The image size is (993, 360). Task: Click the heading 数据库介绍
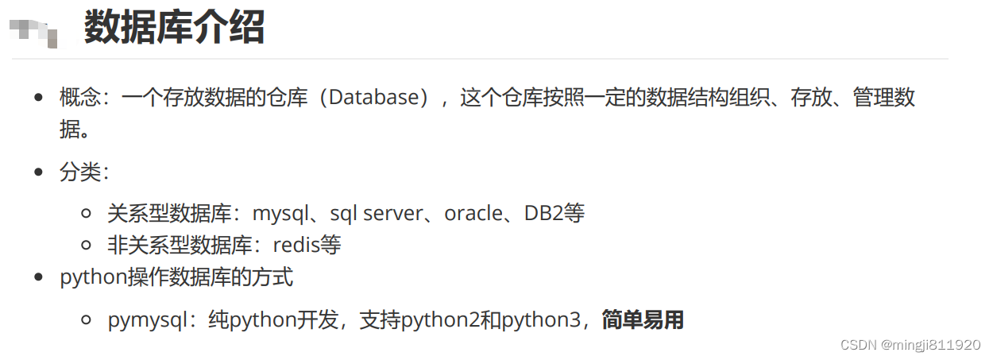tap(174, 28)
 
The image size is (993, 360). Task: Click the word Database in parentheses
tap(373, 98)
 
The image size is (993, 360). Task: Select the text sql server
tap(377, 213)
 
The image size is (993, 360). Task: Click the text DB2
tap(544, 213)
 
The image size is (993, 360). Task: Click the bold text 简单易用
tap(643, 320)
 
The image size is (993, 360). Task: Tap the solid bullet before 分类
tap(38, 172)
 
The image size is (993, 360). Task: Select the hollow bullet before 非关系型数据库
tap(87, 245)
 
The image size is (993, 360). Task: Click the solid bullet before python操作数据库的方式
tap(38, 278)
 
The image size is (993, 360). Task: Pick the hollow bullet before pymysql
tap(87, 321)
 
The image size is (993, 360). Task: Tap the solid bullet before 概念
tap(38, 98)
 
